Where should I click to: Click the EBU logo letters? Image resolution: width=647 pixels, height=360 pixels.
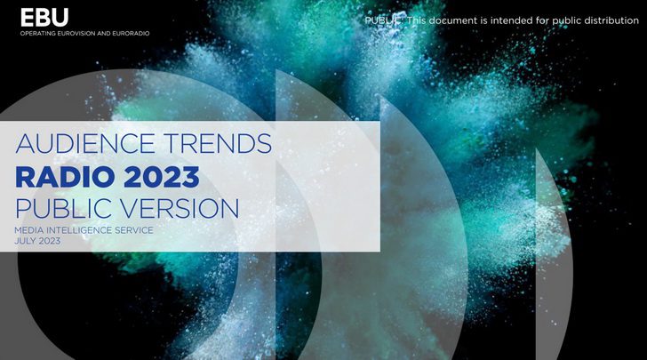coord(44,18)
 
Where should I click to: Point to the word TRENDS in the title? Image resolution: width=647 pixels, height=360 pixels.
coord(218,143)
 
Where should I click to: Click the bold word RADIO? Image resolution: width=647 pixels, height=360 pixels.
coord(65,177)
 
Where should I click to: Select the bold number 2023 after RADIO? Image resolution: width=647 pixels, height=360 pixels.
coord(162,177)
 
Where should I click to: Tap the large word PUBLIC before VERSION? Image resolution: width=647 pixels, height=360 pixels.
coord(64,208)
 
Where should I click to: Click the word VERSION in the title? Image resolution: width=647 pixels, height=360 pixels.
coord(180,208)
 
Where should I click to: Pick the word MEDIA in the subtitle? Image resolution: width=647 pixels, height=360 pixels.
coord(28,230)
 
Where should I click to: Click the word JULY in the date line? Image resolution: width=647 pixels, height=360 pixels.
coord(25,241)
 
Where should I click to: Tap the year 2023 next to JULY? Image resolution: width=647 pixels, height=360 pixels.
coord(50,241)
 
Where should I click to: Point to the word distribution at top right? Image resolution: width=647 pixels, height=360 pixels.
coord(612,20)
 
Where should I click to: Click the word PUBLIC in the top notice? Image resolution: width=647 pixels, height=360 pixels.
coord(383,20)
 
